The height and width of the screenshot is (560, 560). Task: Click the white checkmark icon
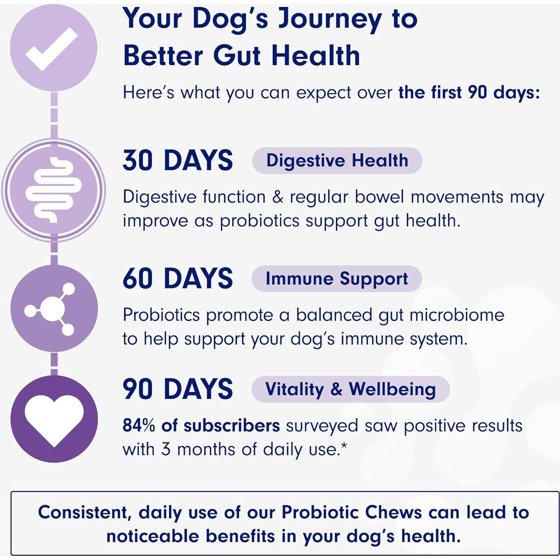click(51, 49)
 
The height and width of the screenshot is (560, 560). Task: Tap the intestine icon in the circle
click(54, 190)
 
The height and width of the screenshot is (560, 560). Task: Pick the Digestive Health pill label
click(337, 160)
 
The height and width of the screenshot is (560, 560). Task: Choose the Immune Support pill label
click(337, 279)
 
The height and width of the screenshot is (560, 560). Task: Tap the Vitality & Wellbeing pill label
click(350, 389)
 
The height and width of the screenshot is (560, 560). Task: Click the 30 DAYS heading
click(177, 160)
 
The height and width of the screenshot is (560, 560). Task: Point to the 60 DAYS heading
click(177, 279)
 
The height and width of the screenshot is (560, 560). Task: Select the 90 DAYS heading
click(177, 389)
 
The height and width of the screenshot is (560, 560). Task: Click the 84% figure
click(139, 426)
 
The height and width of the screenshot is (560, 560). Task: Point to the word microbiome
click(457, 315)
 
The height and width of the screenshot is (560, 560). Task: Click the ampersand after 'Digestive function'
click(278, 197)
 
